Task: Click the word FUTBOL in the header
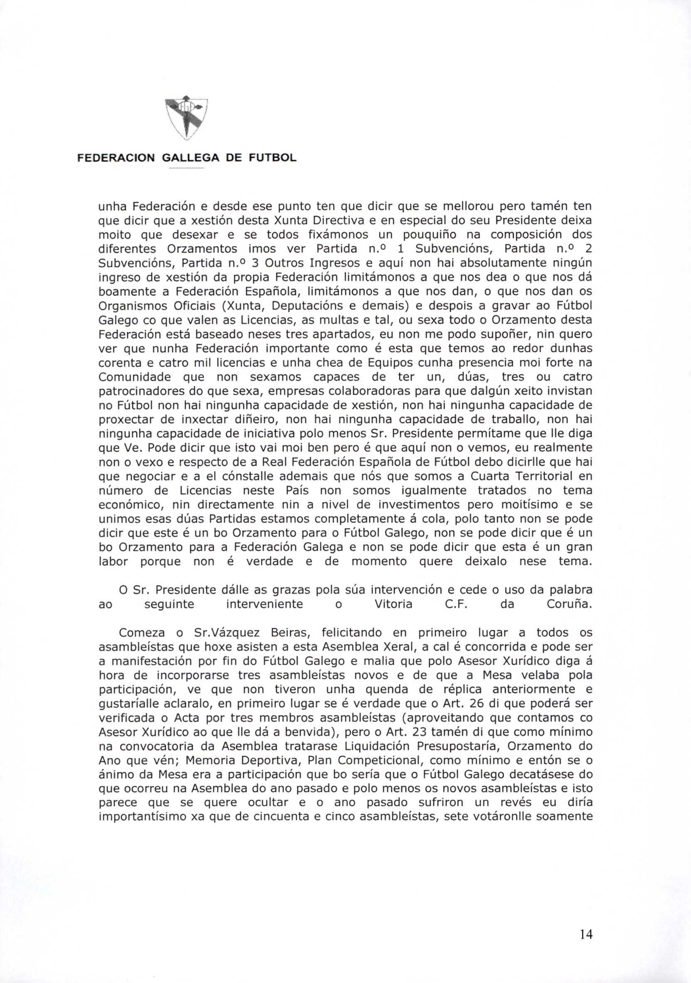[272, 158]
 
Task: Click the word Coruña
[571, 604]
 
